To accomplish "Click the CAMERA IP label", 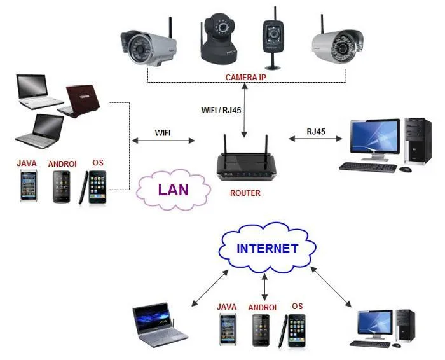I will [x=246, y=77].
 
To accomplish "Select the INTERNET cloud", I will [x=267, y=248].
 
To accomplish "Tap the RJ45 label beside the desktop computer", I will [x=316, y=132].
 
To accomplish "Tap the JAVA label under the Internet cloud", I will [x=226, y=307].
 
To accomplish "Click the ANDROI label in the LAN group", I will [x=62, y=164].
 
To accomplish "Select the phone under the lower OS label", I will [x=297, y=330].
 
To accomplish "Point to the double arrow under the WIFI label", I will [x=163, y=141].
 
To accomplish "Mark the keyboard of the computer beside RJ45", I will [x=367, y=167].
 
